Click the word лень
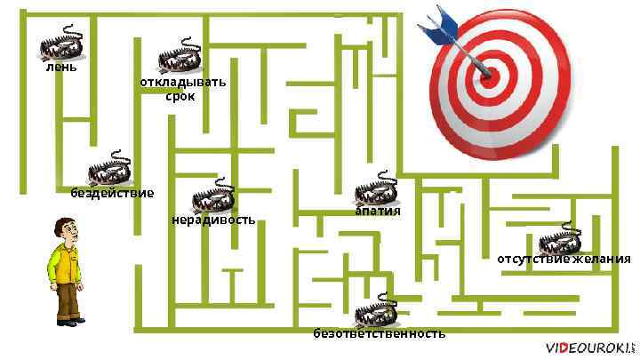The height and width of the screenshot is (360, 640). click(x=61, y=67)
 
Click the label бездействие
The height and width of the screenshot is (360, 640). click(x=112, y=193)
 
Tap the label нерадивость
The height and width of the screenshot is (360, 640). click(x=213, y=219)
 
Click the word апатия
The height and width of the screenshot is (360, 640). click(x=378, y=211)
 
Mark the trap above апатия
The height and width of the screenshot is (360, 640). click(x=376, y=188)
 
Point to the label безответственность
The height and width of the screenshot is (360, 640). click(x=379, y=334)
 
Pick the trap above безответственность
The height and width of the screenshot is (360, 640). click(x=376, y=312)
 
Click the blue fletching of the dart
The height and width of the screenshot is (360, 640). click(x=436, y=21)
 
